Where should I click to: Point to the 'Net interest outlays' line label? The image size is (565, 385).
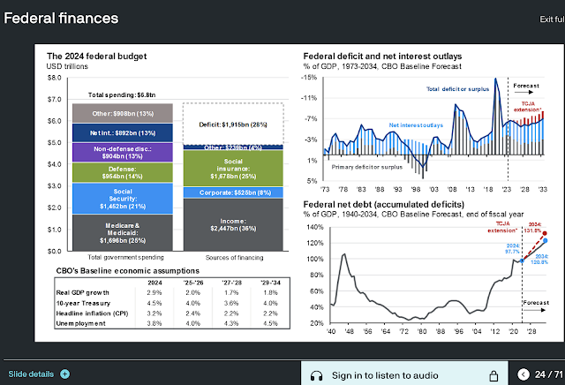416,125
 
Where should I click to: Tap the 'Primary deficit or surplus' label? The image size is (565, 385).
367,165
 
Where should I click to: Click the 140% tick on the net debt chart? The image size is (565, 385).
316,227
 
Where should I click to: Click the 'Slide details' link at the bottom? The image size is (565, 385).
32,374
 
